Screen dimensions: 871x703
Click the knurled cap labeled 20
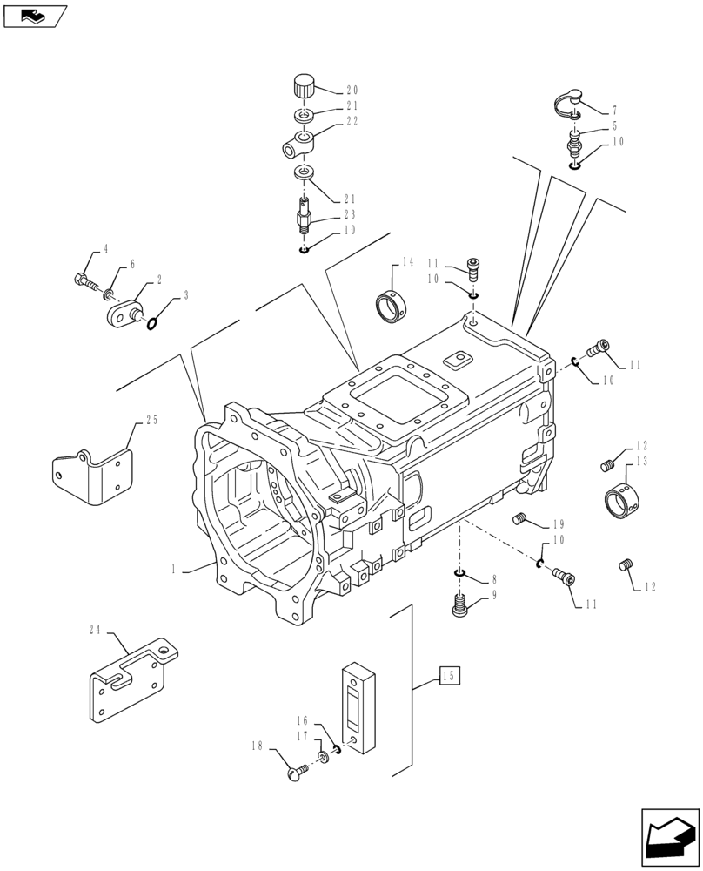pos(303,87)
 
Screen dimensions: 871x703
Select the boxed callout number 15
pos(448,676)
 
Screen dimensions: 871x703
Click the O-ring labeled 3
pos(153,324)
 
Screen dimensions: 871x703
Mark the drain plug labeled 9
pos(459,604)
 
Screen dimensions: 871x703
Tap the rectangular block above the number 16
pos(356,703)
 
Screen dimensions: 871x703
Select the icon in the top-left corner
pos(33,15)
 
